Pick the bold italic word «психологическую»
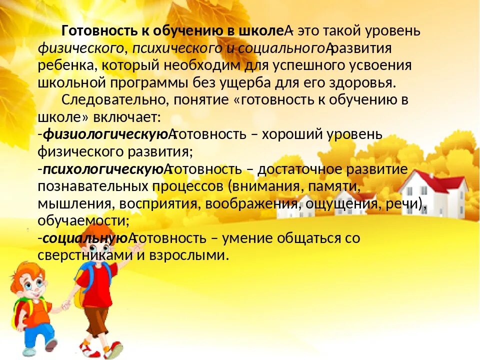coord(102,168)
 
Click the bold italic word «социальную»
coord(85,238)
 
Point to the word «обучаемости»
coord(82,220)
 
